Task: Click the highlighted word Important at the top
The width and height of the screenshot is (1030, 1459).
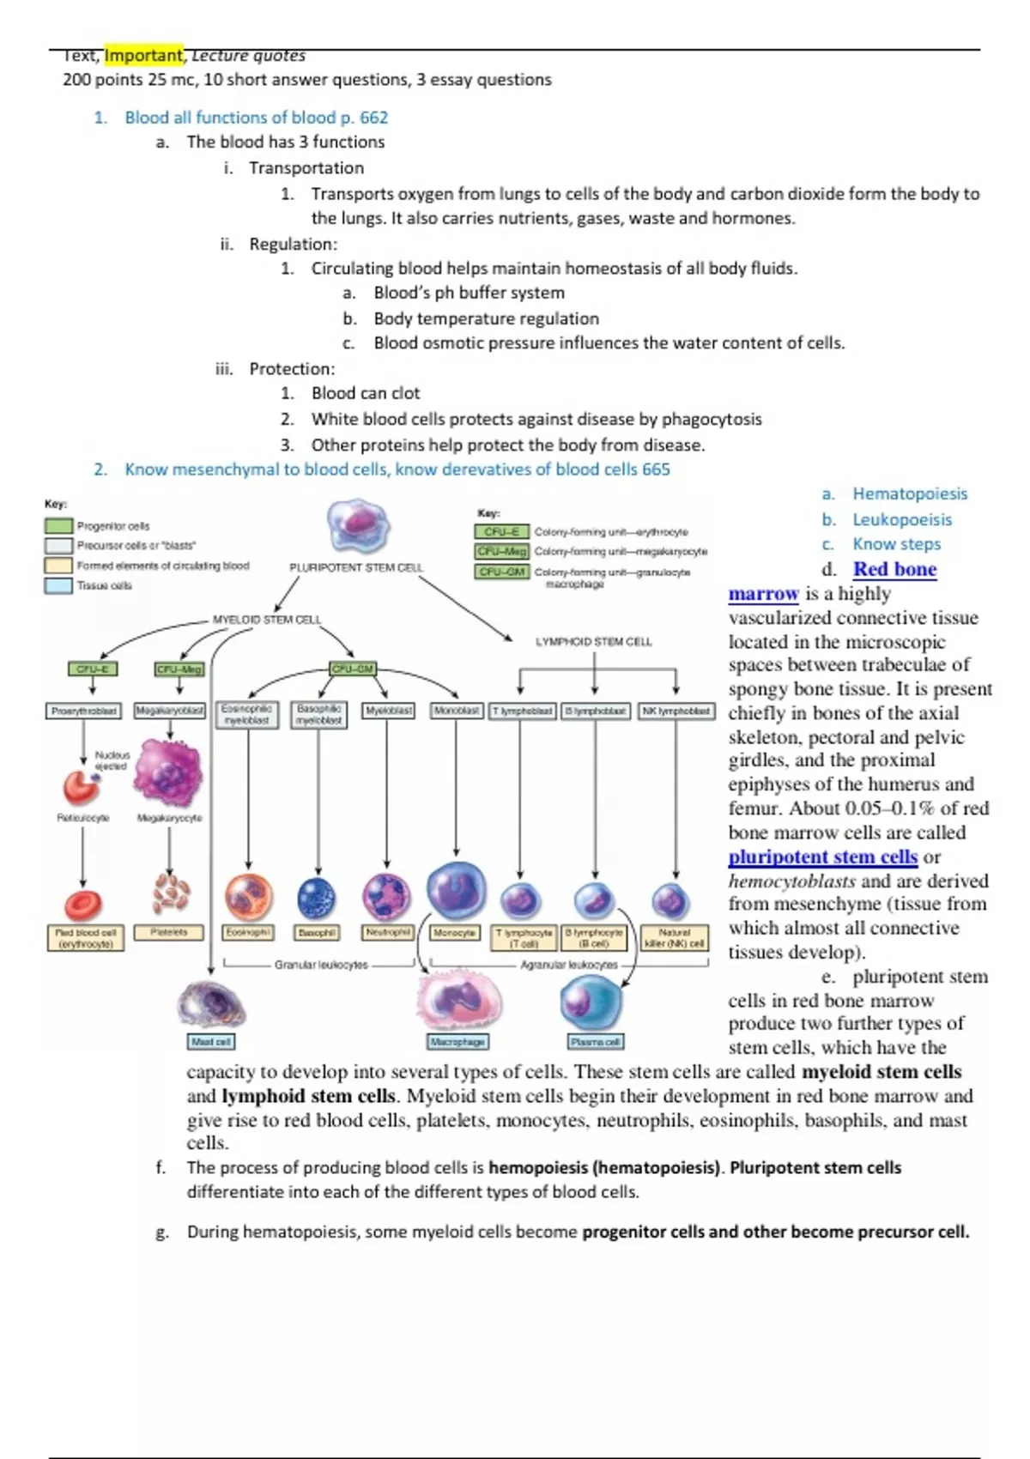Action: (x=143, y=55)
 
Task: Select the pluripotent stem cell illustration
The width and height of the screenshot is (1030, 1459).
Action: (x=358, y=524)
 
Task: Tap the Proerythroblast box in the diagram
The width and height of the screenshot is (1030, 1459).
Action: (x=83, y=711)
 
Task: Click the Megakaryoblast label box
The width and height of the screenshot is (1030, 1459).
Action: (x=170, y=711)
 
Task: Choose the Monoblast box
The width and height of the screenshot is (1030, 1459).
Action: (x=456, y=711)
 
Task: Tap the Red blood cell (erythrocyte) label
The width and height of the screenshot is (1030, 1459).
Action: (x=86, y=937)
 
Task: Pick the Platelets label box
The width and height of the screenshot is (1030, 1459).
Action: (x=168, y=932)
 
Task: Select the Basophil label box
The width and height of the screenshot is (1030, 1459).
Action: (x=317, y=932)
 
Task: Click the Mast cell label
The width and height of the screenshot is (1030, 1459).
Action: (x=211, y=1041)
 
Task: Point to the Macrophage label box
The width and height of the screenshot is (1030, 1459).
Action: (x=458, y=1041)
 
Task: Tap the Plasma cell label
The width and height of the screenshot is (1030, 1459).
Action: (x=596, y=1041)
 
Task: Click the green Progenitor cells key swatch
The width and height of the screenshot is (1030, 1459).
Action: (x=58, y=525)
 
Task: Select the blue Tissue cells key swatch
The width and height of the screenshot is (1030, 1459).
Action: (x=58, y=585)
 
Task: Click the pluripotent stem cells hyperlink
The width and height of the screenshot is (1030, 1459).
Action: (x=822, y=857)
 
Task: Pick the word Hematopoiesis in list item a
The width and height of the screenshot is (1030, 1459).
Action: (x=910, y=493)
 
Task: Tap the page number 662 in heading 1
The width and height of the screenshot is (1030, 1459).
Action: (x=373, y=118)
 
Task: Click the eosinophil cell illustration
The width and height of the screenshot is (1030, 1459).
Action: (x=249, y=897)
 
